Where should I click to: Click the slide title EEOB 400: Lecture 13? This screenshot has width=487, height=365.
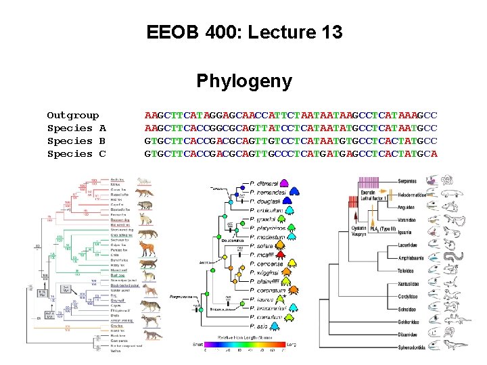244,32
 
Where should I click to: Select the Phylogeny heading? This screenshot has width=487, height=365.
244,82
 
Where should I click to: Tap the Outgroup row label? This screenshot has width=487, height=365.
72,116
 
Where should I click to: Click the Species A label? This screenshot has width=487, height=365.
76,128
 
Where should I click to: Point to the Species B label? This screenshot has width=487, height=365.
76,141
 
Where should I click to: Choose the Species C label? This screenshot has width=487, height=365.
76,154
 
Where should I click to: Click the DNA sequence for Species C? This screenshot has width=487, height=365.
291,154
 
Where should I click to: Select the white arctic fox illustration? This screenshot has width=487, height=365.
143,180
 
